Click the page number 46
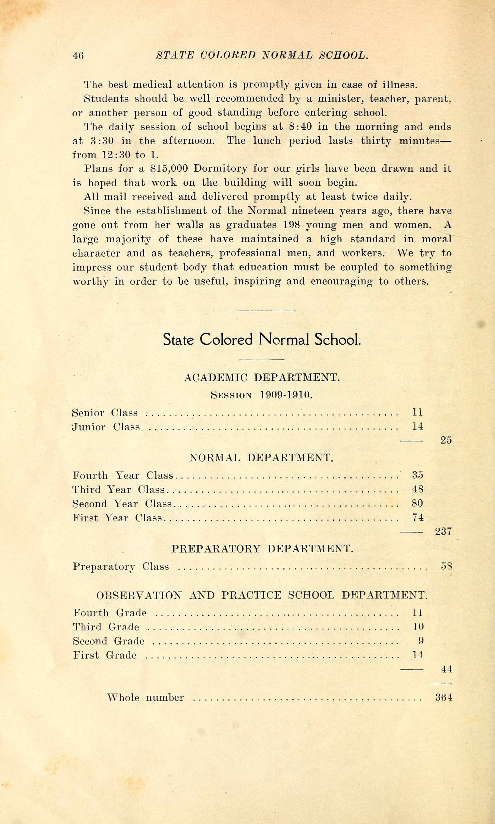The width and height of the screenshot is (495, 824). click(78, 55)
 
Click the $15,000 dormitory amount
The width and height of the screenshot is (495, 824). click(169, 169)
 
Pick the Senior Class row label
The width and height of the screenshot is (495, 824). click(105, 413)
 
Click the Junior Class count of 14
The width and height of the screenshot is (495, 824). click(418, 426)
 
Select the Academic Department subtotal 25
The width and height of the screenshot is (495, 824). click(446, 440)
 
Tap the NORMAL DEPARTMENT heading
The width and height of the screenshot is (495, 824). click(261, 458)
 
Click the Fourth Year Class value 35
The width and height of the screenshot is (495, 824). click(418, 475)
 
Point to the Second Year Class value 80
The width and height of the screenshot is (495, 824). click(418, 503)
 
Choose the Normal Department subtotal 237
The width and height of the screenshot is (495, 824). click(443, 531)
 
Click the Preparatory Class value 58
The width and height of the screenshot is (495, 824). click(446, 566)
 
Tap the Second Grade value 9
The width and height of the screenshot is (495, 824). click(421, 641)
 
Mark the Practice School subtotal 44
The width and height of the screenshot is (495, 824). click(446, 669)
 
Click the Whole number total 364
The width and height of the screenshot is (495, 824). click(444, 697)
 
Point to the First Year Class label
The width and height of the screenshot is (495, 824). click(117, 518)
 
